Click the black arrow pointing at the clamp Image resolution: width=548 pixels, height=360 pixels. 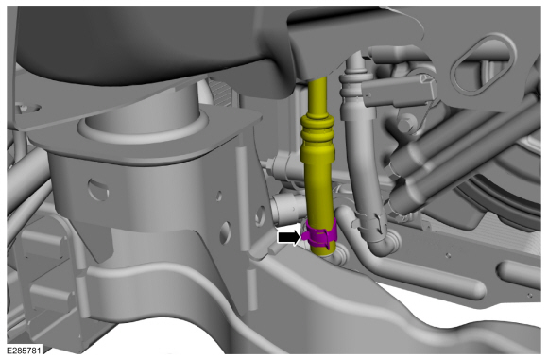(x=288, y=238)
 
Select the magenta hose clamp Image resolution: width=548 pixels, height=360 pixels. (x=320, y=233)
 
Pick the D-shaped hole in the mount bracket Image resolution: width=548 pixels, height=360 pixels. (x=98, y=189)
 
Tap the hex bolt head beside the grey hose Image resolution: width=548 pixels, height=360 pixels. (x=406, y=123)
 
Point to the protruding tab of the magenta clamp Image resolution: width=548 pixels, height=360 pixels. (x=305, y=235)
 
